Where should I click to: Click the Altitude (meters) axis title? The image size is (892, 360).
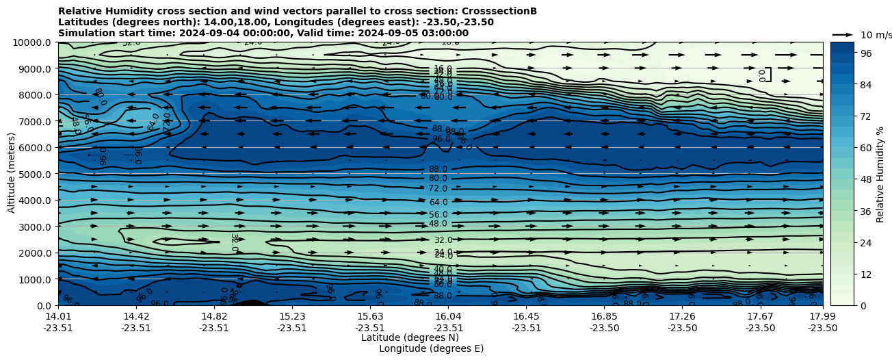(x=12, y=172)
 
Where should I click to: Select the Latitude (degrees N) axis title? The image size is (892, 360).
(x=410, y=337)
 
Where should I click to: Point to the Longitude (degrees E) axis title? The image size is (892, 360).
(x=431, y=348)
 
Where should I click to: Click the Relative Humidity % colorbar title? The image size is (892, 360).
(x=880, y=174)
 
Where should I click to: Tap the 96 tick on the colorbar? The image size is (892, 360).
(x=865, y=53)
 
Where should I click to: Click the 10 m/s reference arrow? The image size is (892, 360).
(x=842, y=35)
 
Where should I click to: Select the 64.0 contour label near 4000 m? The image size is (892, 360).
(x=438, y=203)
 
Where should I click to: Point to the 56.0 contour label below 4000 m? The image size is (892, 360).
(x=438, y=215)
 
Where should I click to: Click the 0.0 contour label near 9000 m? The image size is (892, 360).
(x=762, y=75)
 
